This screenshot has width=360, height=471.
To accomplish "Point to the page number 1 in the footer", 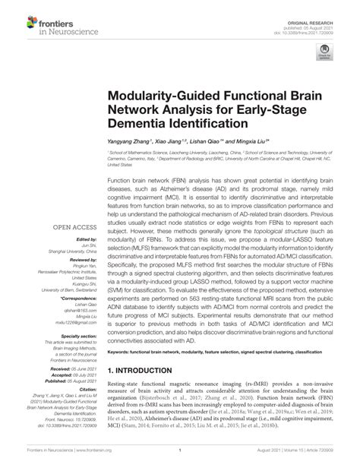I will [180, 460].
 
